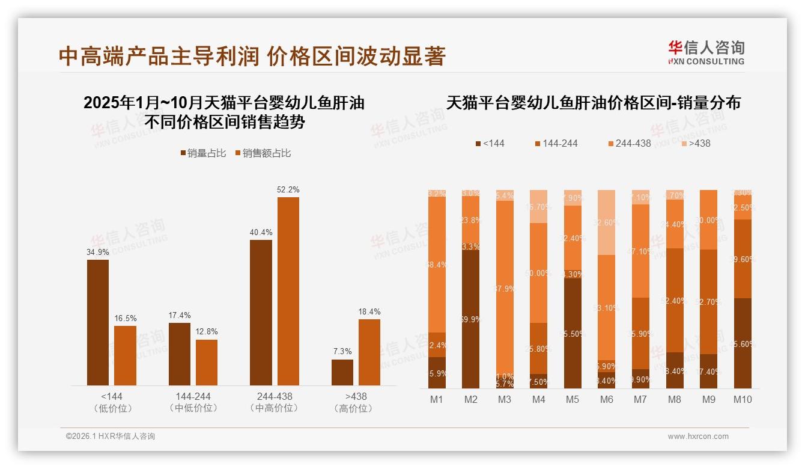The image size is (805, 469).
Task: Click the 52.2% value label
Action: (288, 189)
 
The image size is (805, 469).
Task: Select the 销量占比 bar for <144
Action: (98, 322)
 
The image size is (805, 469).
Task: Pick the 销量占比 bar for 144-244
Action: (180, 354)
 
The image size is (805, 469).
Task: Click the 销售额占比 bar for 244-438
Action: (288, 291)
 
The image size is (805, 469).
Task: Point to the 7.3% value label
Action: (342, 351)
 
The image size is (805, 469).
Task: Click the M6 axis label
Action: (607, 399)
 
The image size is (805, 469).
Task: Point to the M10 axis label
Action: (743, 399)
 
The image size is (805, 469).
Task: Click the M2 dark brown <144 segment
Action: (471, 319)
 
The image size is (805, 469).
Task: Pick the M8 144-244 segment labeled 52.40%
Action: (675, 300)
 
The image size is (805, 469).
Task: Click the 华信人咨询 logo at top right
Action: (706, 53)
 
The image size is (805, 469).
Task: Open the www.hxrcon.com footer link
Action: (698, 437)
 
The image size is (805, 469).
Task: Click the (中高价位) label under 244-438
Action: (275, 408)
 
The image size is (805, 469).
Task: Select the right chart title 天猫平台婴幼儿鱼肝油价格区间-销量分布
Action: (594, 103)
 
